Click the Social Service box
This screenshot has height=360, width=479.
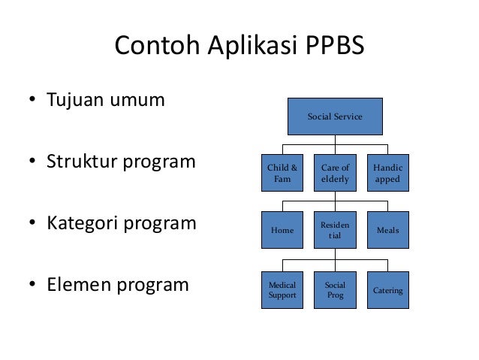[x=335, y=116]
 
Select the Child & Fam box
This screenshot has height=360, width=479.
[x=282, y=174]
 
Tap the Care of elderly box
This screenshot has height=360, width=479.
[x=335, y=174]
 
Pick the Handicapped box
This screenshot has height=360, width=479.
[x=387, y=174]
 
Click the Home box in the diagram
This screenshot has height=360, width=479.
[x=282, y=231]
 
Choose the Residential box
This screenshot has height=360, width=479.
[x=335, y=231]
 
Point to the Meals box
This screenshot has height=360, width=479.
[x=387, y=231]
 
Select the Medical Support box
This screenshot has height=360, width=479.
[x=282, y=290]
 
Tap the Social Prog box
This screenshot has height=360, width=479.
[x=335, y=290]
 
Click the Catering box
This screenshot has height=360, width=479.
[x=387, y=290]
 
